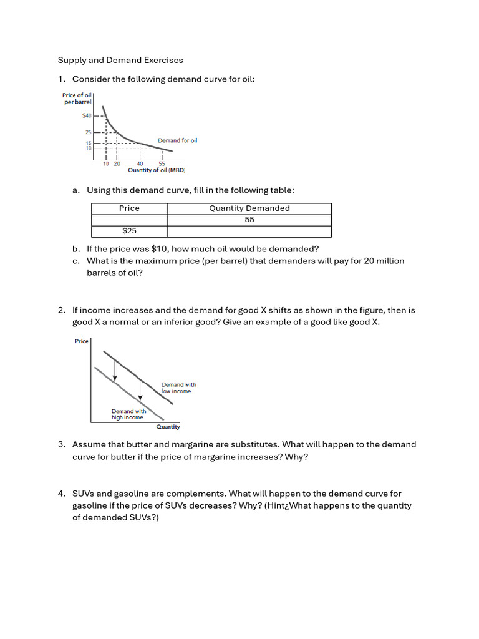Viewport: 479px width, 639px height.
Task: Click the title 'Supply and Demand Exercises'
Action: [120, 61]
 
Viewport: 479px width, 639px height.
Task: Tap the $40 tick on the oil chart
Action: [87, 115]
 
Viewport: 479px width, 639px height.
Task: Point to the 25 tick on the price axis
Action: [88, 132]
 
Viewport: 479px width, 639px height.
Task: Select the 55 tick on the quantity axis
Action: [162, 163]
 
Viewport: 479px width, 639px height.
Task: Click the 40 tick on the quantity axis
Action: [140, 163]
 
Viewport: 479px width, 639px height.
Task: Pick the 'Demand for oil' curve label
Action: [177, 140]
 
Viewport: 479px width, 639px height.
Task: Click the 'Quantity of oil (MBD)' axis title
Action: [157, 170]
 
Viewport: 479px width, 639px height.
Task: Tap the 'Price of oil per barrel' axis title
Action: [77, 98]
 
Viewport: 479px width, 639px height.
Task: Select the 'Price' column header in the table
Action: [129, 208]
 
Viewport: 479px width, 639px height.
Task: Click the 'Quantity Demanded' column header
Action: [249, 208]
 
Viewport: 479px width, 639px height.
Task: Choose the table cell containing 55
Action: [249, 220]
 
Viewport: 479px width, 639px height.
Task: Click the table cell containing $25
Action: [129, 231]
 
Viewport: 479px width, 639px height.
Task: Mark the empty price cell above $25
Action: [129, 220]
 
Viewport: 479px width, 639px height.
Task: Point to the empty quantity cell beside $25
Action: [249, 231]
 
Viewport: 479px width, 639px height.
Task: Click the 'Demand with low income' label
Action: [178, 388]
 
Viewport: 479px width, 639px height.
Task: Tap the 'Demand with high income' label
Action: [128, 414]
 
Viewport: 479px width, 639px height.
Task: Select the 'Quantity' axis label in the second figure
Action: [168, 427]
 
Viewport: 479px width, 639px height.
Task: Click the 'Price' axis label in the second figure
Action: [82, 341]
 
